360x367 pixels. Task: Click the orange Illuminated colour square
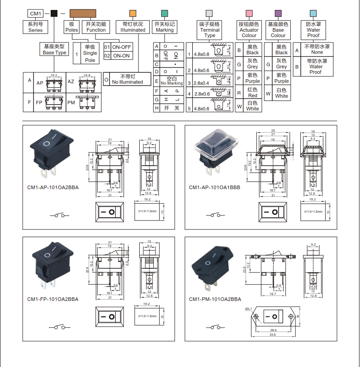coord(133,13)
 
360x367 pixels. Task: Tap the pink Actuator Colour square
coord(249,13)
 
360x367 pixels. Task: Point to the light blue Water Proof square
coord(313,13)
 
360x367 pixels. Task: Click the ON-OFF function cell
coord(121,47)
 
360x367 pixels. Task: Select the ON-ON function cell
coord(121,56)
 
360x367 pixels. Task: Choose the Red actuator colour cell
coord(252,92)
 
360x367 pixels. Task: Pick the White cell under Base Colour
coord(281,93)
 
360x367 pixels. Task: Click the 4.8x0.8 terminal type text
coord(201,54)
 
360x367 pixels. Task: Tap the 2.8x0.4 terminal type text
coord(201,83)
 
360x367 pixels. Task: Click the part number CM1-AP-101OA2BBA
coord(52,187)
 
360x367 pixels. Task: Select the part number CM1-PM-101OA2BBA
coord(215,299)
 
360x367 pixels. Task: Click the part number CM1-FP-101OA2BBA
coord(52,299)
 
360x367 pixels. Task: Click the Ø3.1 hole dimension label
coord(249,309)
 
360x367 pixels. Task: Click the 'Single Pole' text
coord(90,53)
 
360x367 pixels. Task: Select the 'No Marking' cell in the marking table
coord(175,81)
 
